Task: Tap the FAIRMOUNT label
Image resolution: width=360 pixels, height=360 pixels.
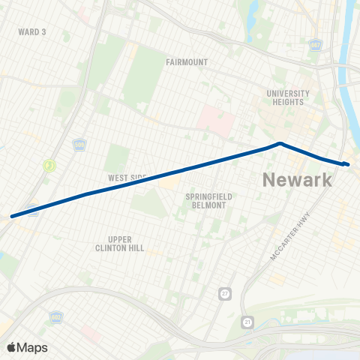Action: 187,62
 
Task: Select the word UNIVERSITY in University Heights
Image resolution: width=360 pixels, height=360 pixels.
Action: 288,93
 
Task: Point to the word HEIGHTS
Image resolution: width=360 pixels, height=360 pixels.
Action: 288,102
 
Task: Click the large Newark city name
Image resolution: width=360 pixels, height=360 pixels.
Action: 297,180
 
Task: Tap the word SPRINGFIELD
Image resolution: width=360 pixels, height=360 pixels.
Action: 205,196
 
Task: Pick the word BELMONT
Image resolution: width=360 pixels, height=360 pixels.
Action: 205,205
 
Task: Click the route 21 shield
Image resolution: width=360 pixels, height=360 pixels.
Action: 248,322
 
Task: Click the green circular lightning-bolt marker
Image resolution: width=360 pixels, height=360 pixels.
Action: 49,165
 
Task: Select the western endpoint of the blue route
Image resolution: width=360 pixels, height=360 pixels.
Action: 12,217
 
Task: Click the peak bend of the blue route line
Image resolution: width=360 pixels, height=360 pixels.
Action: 280,143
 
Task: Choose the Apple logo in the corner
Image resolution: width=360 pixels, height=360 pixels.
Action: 11,347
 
